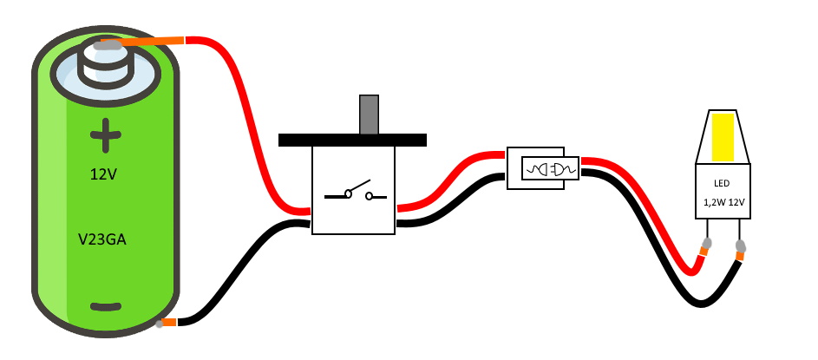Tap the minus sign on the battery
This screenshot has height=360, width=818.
[106, 306]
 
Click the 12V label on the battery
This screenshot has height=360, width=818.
[103, 174]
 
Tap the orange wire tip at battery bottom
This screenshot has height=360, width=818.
[168, 323]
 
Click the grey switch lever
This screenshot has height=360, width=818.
[369, 115]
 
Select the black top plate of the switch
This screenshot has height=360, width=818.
[352, 140]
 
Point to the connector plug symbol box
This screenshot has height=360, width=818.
[549, 168]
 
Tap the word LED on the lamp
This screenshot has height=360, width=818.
[722, 183]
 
